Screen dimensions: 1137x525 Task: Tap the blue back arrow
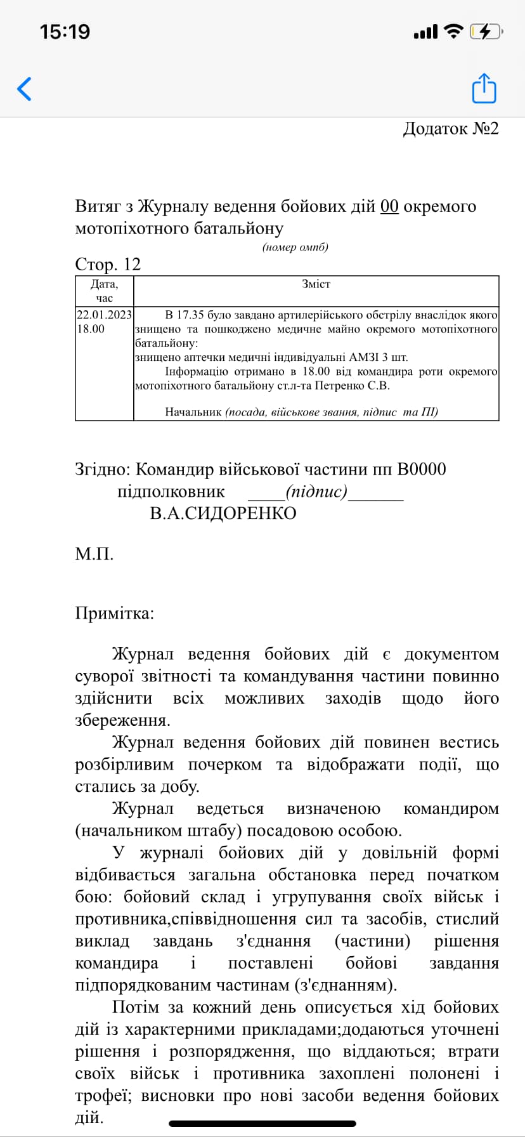tap(24, 89)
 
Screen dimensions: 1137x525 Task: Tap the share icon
tap(484, 88)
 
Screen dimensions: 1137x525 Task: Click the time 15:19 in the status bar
tap(65, 32)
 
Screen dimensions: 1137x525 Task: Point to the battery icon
tap(486, 31)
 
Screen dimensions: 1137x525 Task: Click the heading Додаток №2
tap(451, 129)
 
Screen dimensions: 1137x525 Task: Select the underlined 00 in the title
tap(389, 207)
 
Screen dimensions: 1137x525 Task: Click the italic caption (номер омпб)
tap(295, 247)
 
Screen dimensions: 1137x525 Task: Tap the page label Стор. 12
tap(108, 264)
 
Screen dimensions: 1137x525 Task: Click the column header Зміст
tap(316, 284)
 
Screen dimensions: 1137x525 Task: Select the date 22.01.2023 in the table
tap(105, 315)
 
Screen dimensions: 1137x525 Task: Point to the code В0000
tap(422, 470)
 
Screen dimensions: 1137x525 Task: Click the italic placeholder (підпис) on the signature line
tap(316, 492)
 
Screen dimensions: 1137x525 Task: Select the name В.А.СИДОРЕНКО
tap(223, 513)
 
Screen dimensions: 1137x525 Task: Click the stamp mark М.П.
tap(94, 554)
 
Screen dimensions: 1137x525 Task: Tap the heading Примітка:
tap(115, 614)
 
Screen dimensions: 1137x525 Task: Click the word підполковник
tap(171, 492)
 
